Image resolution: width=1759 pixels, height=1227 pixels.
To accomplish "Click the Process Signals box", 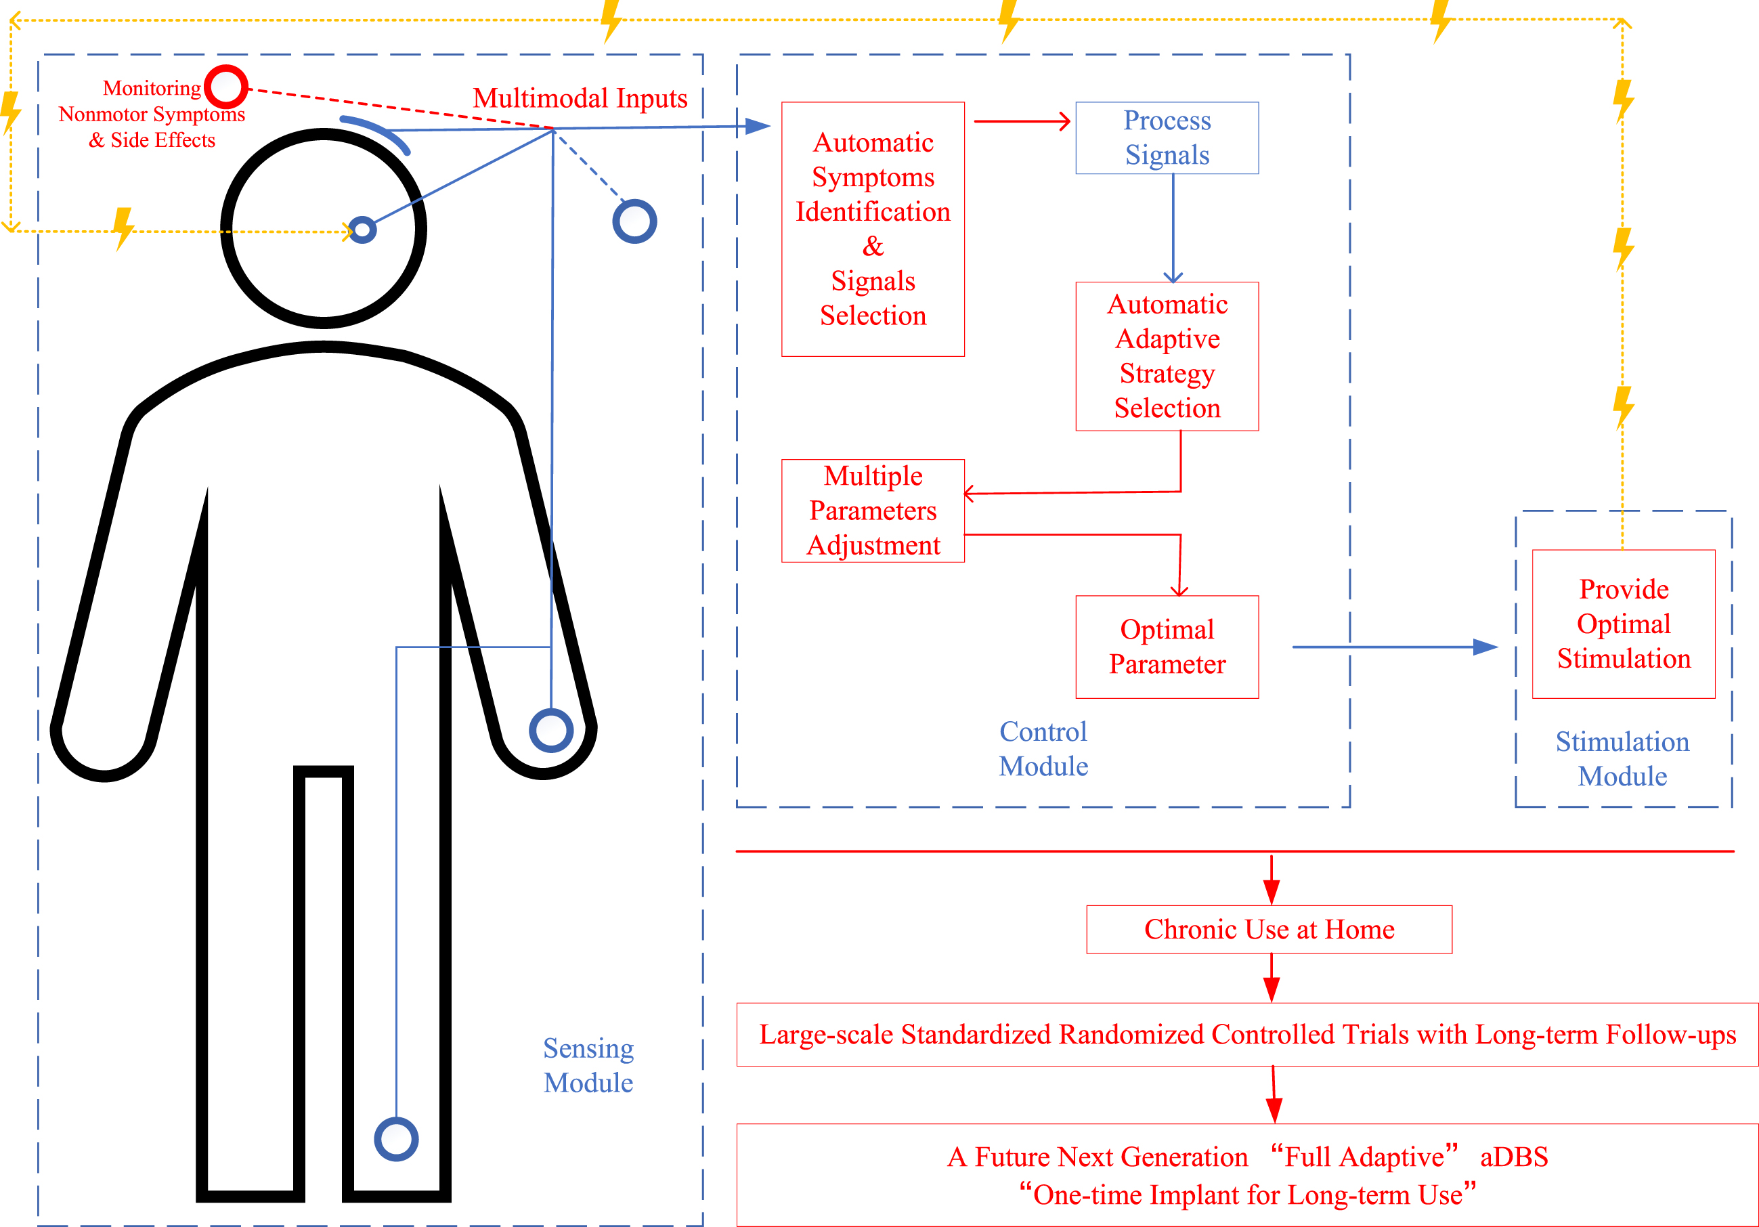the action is [1167, 138].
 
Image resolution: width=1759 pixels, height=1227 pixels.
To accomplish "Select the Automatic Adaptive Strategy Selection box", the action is [1167, 356].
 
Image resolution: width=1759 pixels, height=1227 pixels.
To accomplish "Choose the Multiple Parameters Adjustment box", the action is [873, 511].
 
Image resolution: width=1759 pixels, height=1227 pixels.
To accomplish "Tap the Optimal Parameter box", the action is [1167, 647].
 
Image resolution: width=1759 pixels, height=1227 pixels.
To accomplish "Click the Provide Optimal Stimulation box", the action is [1624, 624].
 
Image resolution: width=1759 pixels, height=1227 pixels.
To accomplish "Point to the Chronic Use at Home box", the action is [1269, 930].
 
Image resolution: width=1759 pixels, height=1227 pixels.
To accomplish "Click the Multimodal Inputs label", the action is [580, 98].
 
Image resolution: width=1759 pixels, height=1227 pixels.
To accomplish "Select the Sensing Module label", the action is [588, 1065].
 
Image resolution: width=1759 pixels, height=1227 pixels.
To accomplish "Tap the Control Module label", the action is [1043, 749].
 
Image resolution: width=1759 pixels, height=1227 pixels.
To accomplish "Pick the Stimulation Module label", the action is [1623, 758].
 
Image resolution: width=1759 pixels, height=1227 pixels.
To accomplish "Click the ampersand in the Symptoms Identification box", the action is [873, 246].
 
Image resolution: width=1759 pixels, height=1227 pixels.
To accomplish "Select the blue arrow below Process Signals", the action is [1173, 228].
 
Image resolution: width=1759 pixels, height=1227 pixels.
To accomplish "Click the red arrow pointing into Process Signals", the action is [1022, 121].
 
